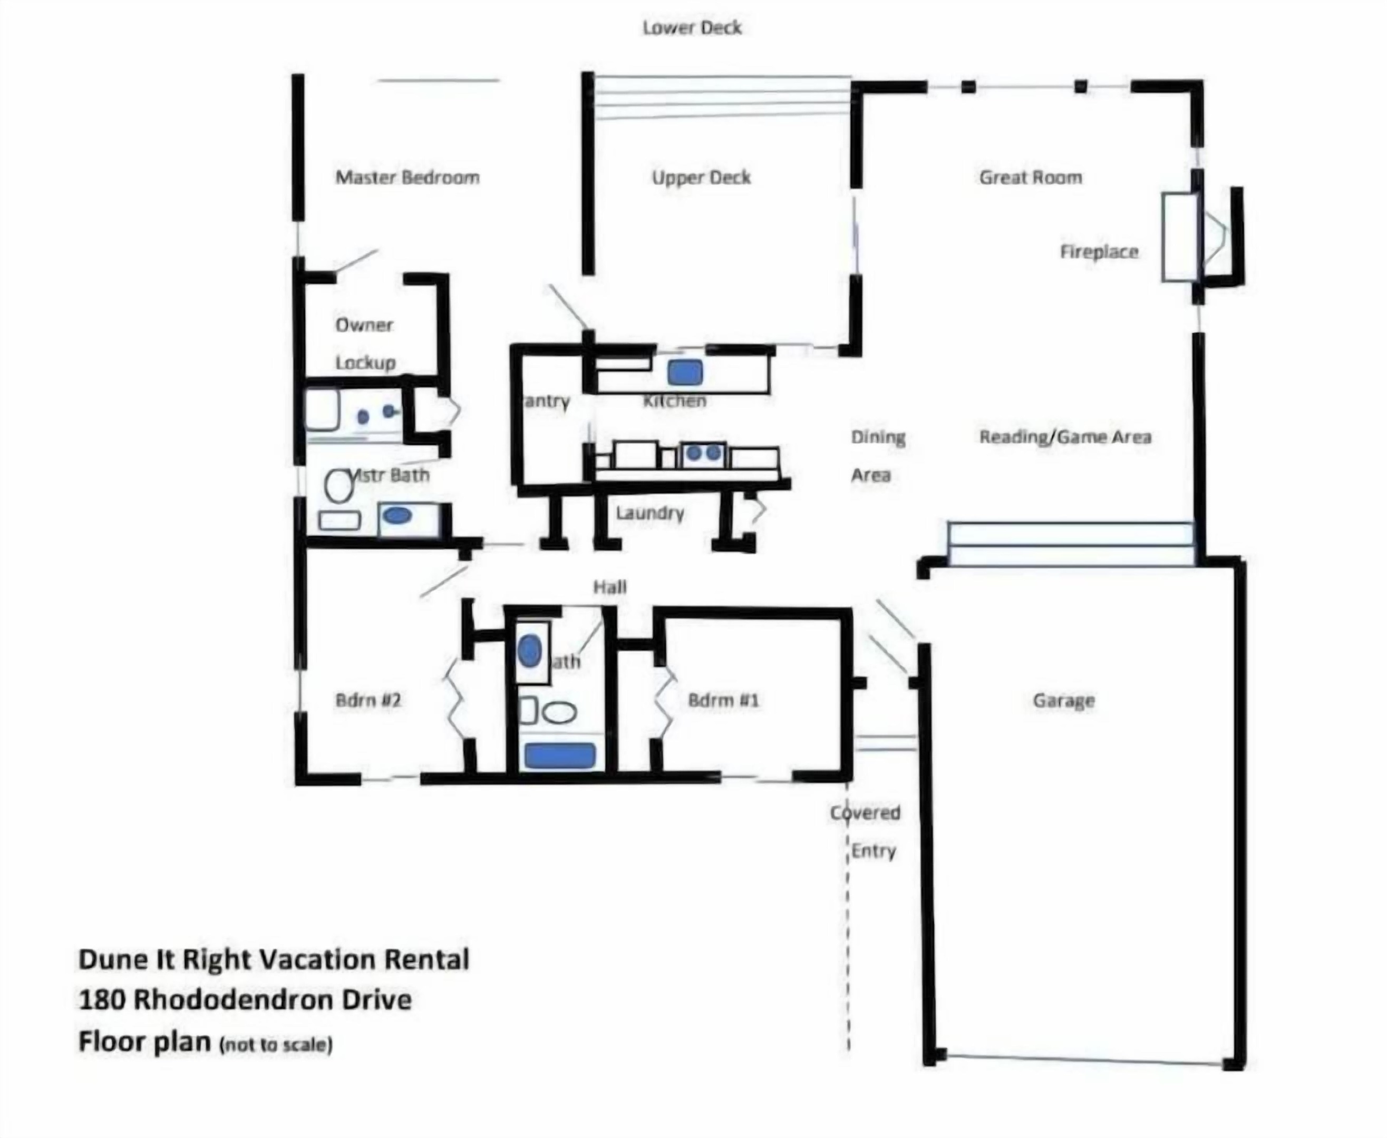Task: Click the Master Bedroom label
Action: pos(408,178)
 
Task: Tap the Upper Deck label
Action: pos(701,178)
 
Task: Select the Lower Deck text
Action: pos(692,27)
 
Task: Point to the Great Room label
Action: pos(1030,178)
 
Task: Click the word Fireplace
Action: pos(1099,252)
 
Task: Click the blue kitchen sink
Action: pos(685,372)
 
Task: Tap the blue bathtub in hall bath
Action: pos(559,755)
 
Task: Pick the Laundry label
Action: pos(649,513)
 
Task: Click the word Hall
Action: pos(610,587)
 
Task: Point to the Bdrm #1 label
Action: pos(723,701)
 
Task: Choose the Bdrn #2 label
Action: pos(368,701)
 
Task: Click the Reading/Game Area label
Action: pos(1065,437)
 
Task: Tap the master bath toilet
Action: pos(339,486)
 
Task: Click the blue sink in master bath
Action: pos(397,516)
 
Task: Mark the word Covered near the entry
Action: pos(865,813)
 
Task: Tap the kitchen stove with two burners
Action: pos(703,453)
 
